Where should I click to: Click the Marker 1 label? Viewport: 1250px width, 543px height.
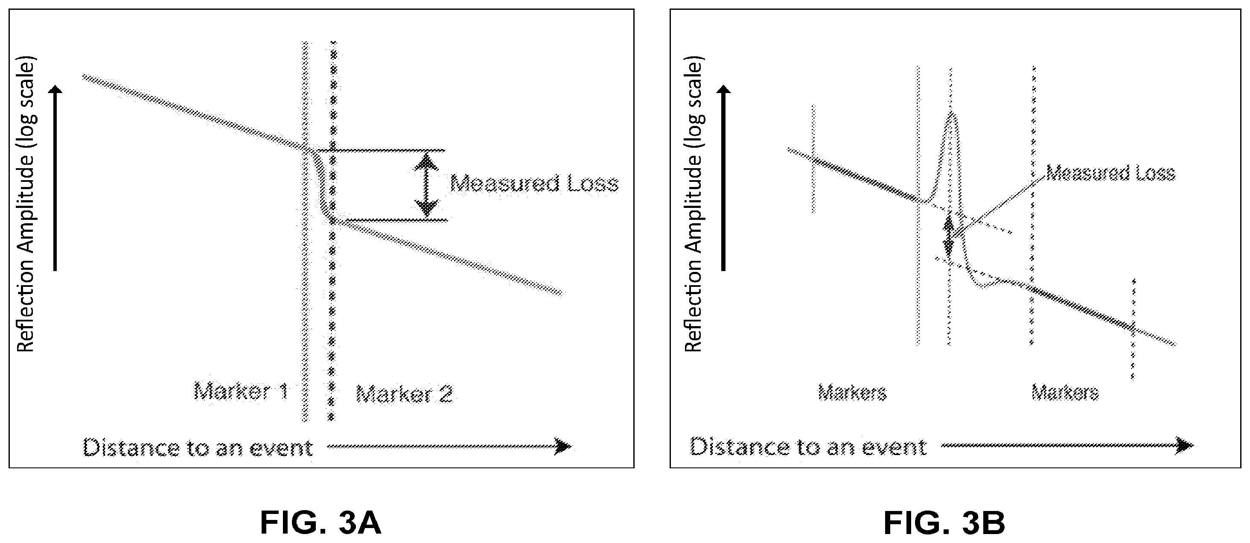[241, 391]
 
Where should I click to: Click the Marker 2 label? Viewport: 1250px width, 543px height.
[404, 394]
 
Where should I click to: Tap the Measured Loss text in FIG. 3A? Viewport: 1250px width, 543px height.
[534, 184]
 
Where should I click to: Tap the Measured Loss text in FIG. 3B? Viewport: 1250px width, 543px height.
[1110, 173]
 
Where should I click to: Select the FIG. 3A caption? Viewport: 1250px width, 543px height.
[321, 522]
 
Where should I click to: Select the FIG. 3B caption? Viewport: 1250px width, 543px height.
[944, 522]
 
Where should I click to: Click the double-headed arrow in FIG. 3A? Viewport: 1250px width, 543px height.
[426, 185]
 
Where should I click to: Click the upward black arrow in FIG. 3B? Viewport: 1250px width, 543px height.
[723, 178]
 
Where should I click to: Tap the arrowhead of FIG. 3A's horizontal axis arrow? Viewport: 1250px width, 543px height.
[563, 446]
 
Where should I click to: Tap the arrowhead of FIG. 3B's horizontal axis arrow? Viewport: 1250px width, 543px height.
[1185, 445]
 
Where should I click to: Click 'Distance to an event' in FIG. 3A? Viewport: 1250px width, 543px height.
[198, 447]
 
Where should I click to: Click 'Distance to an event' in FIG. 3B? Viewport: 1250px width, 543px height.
[808, 447]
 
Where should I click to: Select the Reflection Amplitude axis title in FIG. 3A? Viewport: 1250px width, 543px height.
[26, 206]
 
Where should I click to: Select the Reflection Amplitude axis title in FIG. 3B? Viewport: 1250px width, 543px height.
[693, 206]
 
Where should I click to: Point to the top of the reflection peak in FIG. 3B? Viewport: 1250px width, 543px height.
[952, 113]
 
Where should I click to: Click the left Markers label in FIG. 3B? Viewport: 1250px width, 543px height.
[853, 392]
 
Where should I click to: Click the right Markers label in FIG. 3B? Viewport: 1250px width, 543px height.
[1065, 392]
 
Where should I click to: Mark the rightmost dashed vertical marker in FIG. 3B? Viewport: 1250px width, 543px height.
[1133, 329]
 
